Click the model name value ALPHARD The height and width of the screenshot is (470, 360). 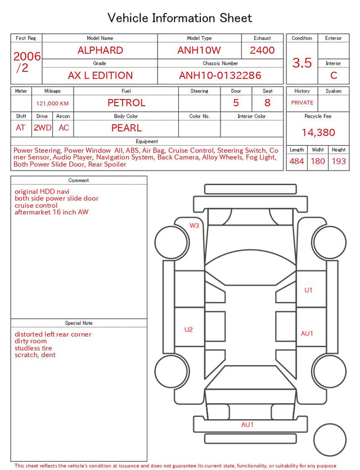pos(100,50)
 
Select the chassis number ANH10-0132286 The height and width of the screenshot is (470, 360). pos(220,75)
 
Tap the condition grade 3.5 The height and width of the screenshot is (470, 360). pos(302,63)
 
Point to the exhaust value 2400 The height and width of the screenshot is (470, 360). pos(262,50)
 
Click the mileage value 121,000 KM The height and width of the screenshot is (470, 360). pos(52,104)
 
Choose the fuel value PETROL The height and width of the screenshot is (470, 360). pos(127,103)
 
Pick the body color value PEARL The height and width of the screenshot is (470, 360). pos(127,128)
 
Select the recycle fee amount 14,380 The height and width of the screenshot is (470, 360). pos(318,132)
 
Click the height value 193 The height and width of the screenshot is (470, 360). pos(339,161)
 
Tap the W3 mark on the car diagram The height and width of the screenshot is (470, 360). pos(194,225)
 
